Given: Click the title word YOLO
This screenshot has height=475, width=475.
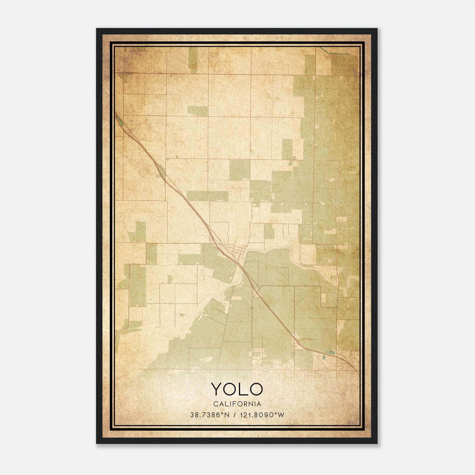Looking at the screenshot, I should coord(237,389).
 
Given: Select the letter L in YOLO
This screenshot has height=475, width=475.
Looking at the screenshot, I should coord(243,389).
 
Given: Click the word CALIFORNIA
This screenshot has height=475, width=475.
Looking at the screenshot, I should coord(237,404).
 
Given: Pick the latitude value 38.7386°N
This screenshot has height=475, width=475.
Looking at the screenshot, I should coord(210,415).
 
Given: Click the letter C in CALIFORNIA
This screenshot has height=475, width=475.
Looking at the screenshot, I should coord(214,404).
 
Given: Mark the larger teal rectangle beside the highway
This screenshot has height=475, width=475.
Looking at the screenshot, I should coord(330,352).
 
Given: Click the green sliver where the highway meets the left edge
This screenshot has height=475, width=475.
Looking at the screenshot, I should coord(118,120).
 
